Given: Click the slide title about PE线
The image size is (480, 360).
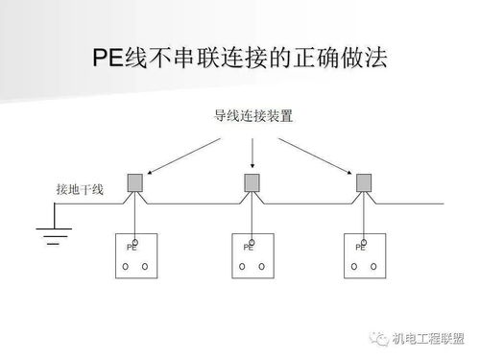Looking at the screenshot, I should tap(239, 60).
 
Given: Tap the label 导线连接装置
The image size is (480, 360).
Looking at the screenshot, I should tap(252, 117).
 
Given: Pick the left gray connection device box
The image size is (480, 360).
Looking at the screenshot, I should tap(136, 182).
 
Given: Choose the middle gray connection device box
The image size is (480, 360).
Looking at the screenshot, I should tap(252, 182).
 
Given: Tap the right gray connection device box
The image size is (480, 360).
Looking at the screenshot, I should tap(364, 182).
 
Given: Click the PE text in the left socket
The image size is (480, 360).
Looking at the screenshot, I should tap(132, 248).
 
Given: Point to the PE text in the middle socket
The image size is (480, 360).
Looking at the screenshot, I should tap(247, 248).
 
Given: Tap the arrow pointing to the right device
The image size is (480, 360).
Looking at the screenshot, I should tap(318, 154).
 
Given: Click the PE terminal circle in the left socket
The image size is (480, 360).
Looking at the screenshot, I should tap(136, 240).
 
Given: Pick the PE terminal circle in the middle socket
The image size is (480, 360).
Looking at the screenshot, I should tap(252, 240).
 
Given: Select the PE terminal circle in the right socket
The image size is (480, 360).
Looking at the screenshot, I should tap(364, 240).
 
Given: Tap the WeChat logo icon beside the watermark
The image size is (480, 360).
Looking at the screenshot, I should tap(378, 336).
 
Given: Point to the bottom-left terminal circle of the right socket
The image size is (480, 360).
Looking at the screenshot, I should tap(353, 266).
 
